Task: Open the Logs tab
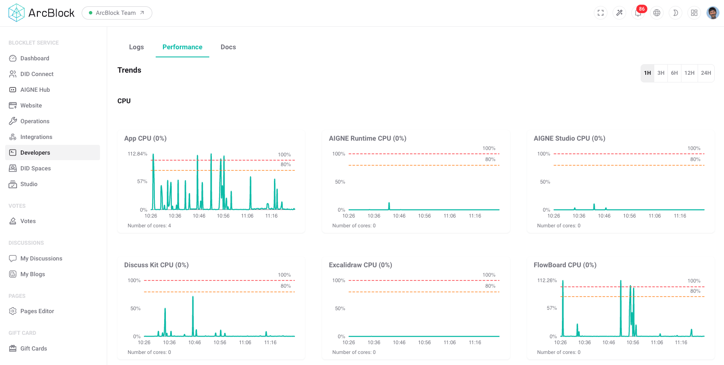tap(136, 47)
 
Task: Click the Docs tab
tap(228, 47)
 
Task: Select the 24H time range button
tap(706, 73)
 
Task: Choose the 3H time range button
tap(661, 73)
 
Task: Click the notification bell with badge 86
tap(638, 13)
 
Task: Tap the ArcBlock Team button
tap(117, 13)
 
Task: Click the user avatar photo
tap(713, 13)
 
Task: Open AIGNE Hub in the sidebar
tap(35, 90)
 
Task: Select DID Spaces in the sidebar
tap(35, 168)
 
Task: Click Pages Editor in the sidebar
tap(37, 311)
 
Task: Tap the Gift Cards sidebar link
tap(34, 348)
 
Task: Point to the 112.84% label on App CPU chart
tap(137, 154)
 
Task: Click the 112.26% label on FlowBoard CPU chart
tap(547, 280)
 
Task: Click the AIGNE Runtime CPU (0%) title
tap(367, 139)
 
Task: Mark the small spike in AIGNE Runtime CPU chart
tap(389, 206)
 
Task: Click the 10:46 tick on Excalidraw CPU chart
tap(399, 342)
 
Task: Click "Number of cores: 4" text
tap(149, 226)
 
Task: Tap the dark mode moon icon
tap(675, 13)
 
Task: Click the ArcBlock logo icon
tap(17, 13)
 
